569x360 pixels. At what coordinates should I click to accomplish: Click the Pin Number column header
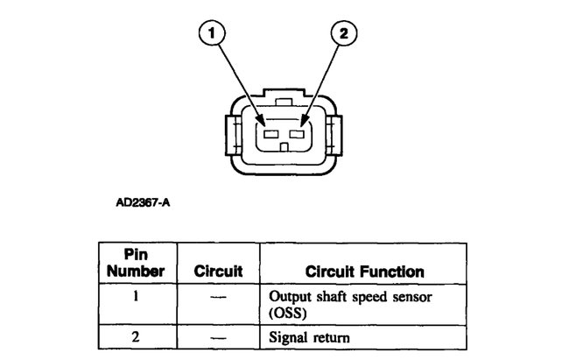[x=135, y=263]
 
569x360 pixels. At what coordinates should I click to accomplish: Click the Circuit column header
[x=218, y=272]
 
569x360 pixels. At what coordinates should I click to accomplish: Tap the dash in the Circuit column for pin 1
[x=218, y=296]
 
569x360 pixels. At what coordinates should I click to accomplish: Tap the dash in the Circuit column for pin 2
[x=218, y=335]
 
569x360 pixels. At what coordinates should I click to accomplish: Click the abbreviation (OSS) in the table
[x=287, y=311]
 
